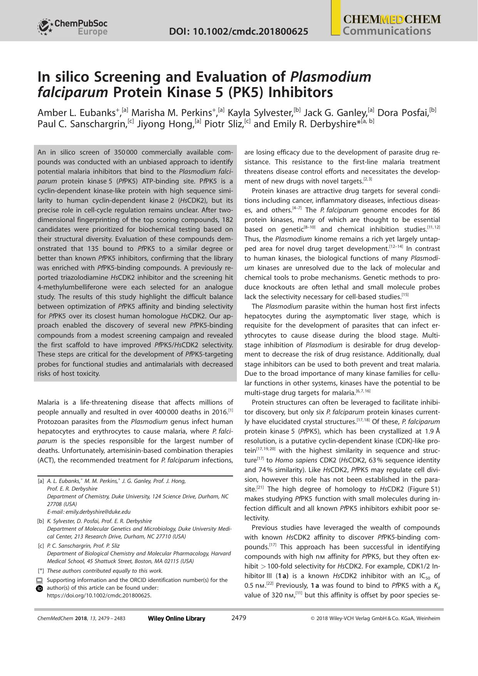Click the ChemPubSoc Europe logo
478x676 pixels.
tap(72, 27)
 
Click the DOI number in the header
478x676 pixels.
tap(238, 32)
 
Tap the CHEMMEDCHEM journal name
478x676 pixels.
tap(392, 20)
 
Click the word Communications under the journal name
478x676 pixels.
tap(387, 31)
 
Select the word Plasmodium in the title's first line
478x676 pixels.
tap(330, 77)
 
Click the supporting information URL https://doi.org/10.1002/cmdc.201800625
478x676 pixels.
tap(99, 595)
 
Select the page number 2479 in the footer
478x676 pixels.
tap(238, 618)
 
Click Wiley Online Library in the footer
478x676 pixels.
tap(176, 619)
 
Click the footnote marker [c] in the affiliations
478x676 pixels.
tap(41, 546)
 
